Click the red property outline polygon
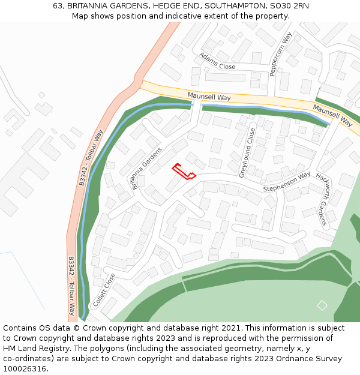click(x=184, y=172)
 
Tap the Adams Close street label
click(x=217, y=60)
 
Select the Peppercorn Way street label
click(x=280, y=54)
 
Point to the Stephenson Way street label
click(x=286, y=182)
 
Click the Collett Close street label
click(x=104, y=290)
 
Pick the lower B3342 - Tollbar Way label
click(x=71, y=286)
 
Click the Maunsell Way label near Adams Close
click(x=209, y=97)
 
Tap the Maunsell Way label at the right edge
click(x=332, y=114)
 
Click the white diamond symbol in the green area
click(x=322, y=305)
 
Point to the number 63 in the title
click(x=58, y=5)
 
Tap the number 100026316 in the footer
click(x=25, y=369)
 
